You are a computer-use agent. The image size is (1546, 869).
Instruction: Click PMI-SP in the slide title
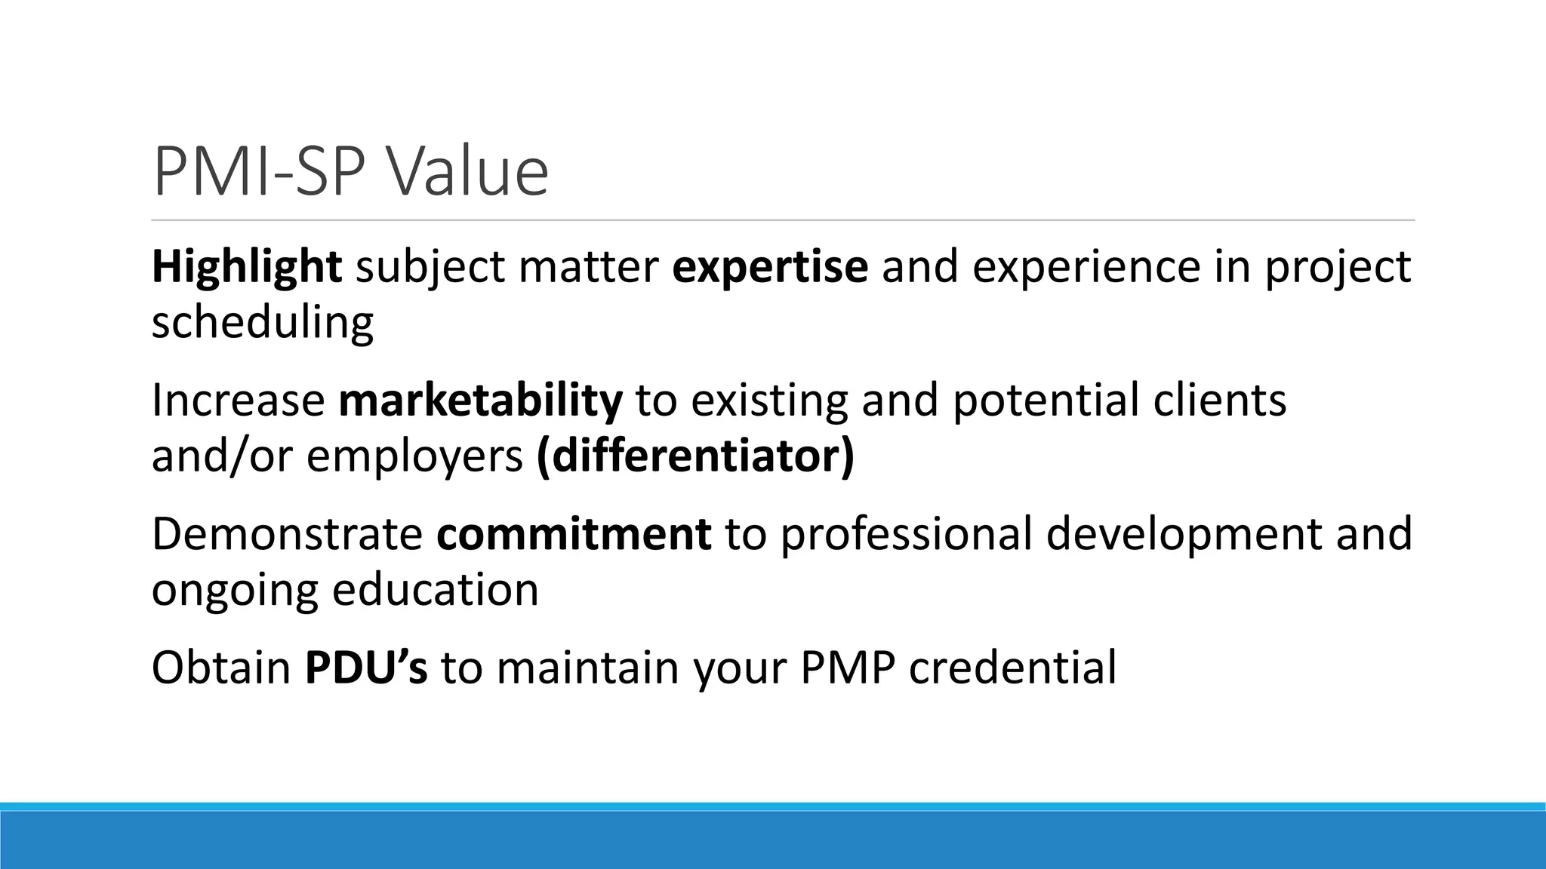260,172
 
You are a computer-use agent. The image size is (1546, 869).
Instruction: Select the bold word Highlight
246,267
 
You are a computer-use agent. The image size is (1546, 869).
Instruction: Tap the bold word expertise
769,269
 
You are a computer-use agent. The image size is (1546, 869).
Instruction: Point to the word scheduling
262,323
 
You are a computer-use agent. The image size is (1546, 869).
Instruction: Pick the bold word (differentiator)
695,456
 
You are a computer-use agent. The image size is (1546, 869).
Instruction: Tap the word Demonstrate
287,534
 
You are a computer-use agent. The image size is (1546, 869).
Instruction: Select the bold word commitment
573,534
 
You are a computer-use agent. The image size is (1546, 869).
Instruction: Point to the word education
436,590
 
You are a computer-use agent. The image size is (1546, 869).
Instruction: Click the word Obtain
221,668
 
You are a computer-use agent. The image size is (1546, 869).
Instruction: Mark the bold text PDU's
365,668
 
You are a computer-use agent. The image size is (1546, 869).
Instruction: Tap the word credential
1012,668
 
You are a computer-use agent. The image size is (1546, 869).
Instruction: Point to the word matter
588,269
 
